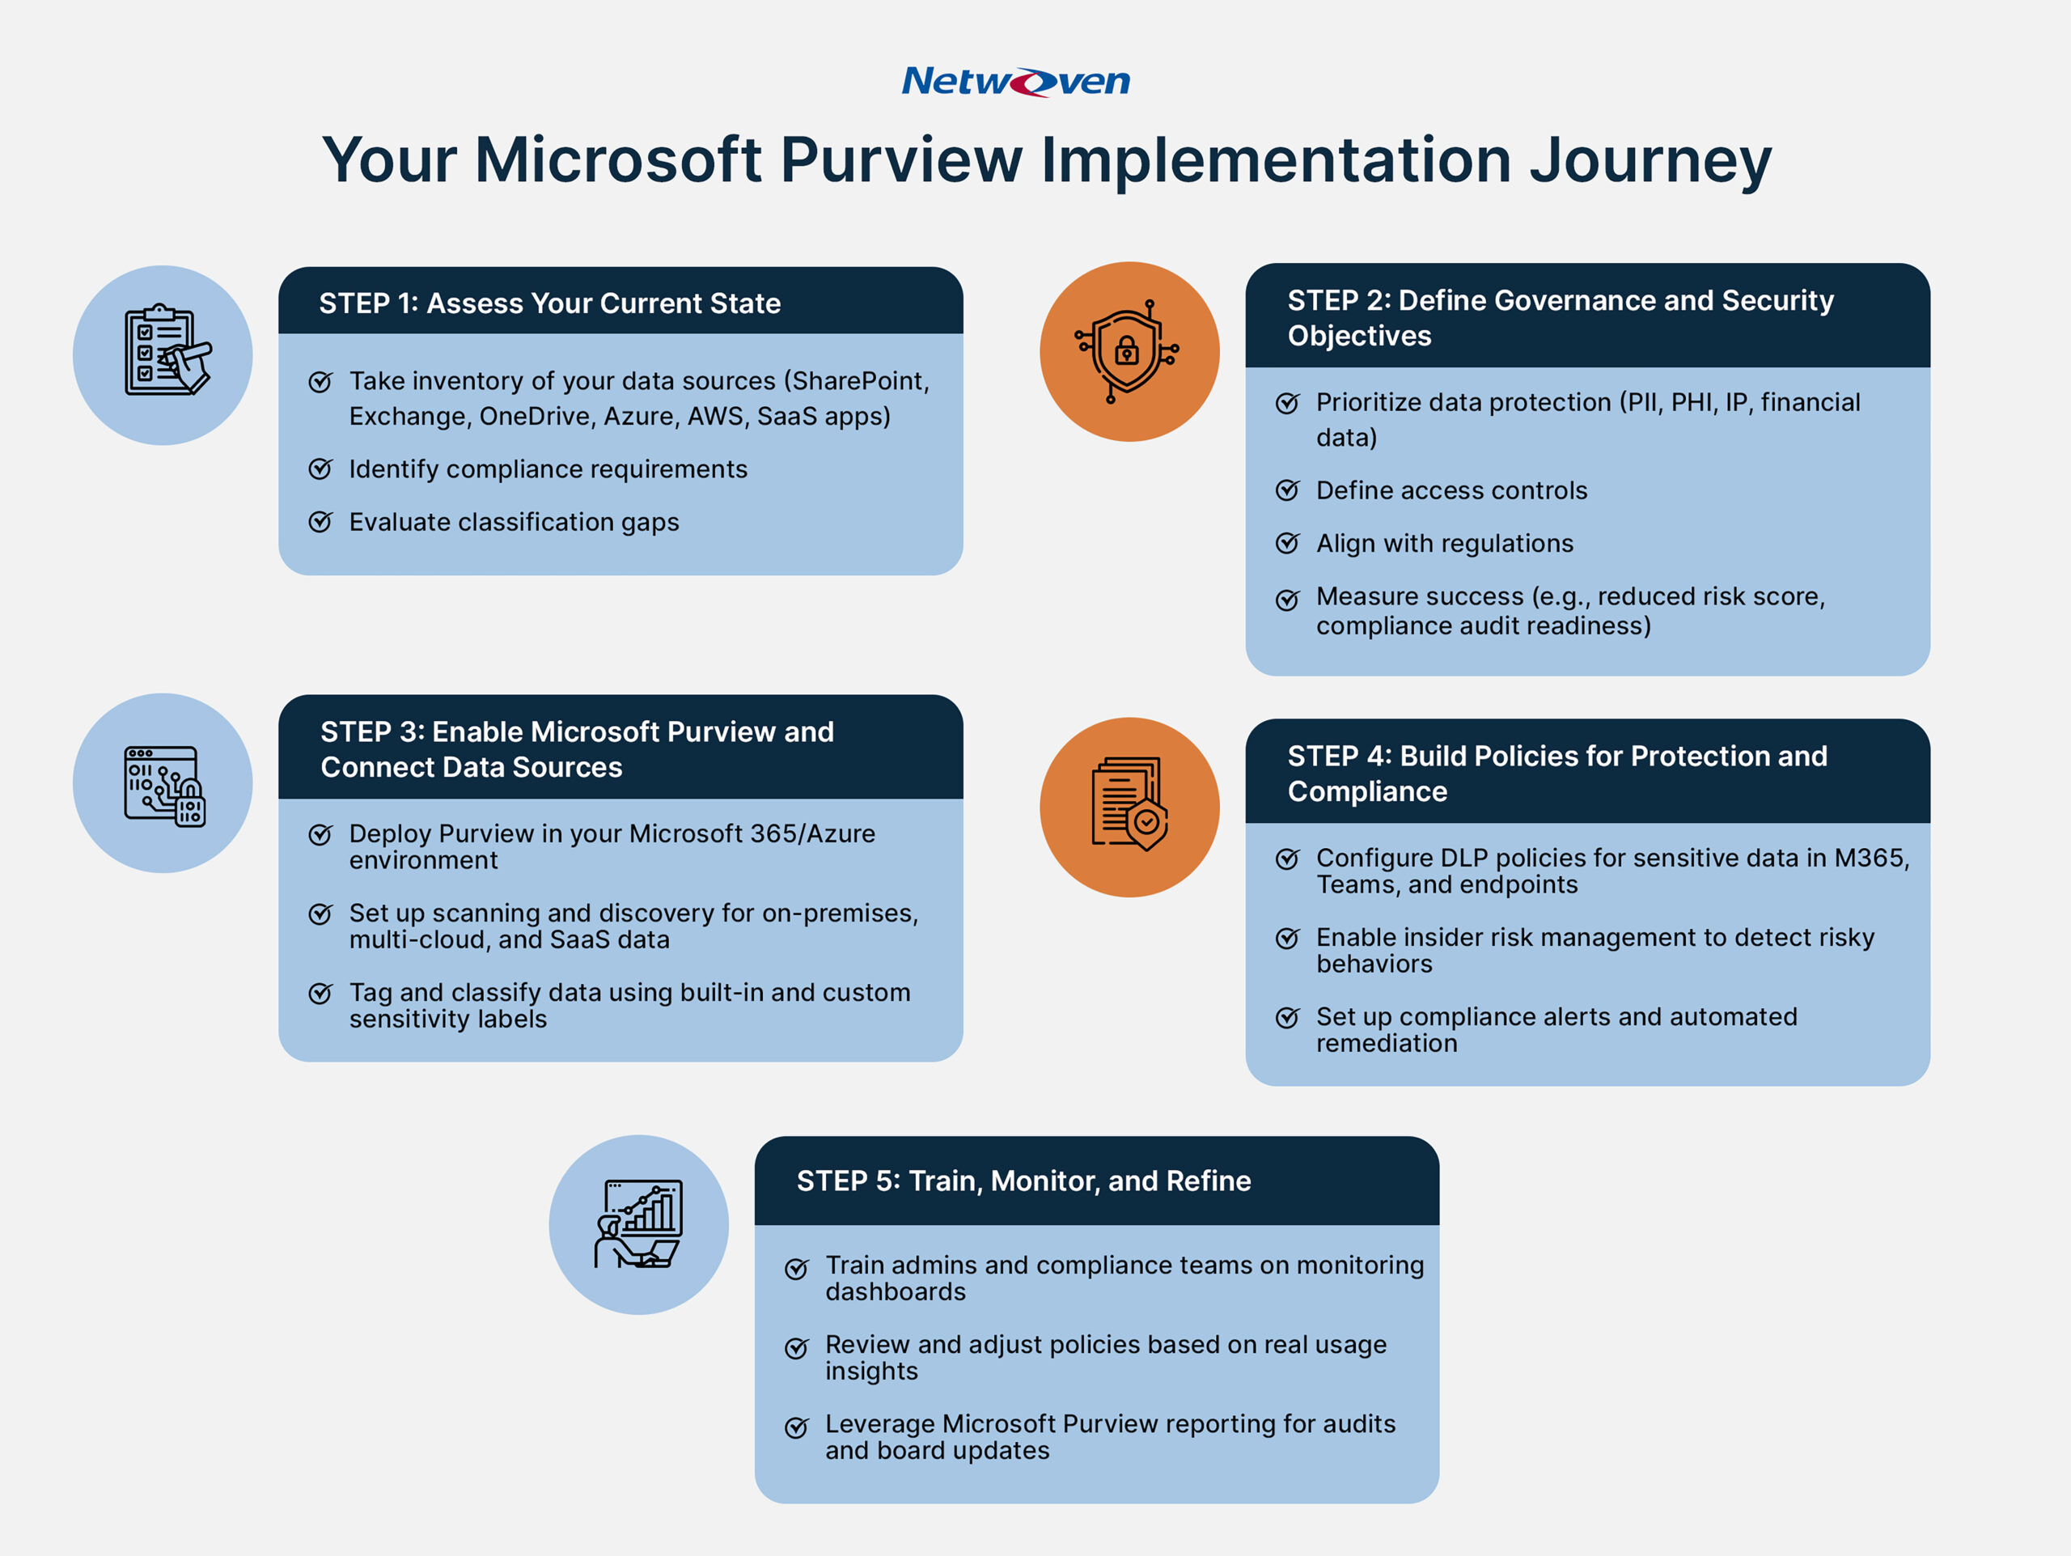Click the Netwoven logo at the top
1015,82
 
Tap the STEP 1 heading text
549,303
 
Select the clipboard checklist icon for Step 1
166,352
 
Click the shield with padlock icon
1127,352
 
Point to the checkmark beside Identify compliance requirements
320,469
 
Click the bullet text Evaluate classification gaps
513,523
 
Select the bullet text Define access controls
1451,490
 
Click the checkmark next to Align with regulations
1287,544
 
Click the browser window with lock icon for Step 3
165,786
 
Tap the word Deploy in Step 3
391,833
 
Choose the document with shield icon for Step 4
1129,803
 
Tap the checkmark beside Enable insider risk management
1287,938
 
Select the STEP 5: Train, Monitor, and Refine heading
1023,1181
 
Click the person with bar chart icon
638,1223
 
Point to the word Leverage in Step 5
879,1424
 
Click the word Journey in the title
1650,160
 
